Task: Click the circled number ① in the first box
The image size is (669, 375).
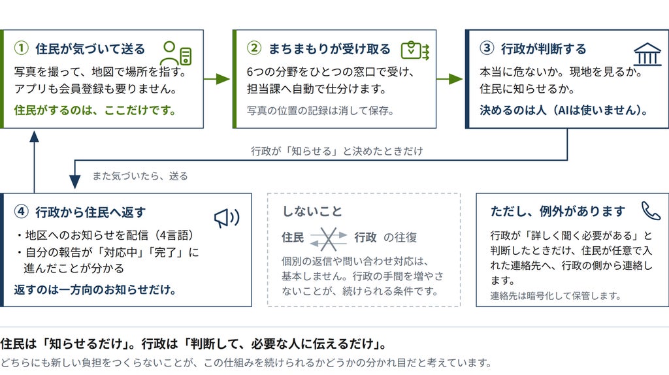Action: [x=22, y=48]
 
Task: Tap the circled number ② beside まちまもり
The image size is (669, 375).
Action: [x=254, y=48]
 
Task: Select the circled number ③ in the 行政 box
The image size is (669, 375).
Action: [x=487, y=48]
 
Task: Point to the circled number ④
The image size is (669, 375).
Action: [x=22, y=212]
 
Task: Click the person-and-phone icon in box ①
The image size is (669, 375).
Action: [x=176, y=53]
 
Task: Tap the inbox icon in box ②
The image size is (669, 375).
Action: [x=415, y=50]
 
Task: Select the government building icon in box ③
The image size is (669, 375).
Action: [x=647, y=54]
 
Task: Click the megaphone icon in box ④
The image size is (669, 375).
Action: [x=227, y=218]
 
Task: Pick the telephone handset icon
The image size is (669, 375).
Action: [x=651, y=211]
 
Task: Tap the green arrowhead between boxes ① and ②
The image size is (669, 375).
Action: [x=223, y=79]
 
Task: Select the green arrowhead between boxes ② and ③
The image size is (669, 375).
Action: [x=456, y=79]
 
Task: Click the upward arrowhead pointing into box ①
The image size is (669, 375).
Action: [x=34, y=136]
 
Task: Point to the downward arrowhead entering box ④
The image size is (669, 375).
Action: [x=74, y=182]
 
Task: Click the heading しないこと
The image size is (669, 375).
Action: [x=312, y=211]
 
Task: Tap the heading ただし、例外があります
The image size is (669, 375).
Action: [x=558, y=211]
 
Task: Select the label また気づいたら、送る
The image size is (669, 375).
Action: [x=140, y=176]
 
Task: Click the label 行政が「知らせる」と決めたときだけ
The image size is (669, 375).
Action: [x=336, y=151]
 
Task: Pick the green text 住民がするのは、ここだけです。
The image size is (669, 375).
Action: [x=95, y=110]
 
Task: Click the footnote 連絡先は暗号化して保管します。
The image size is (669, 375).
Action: [x=555, y=296]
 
